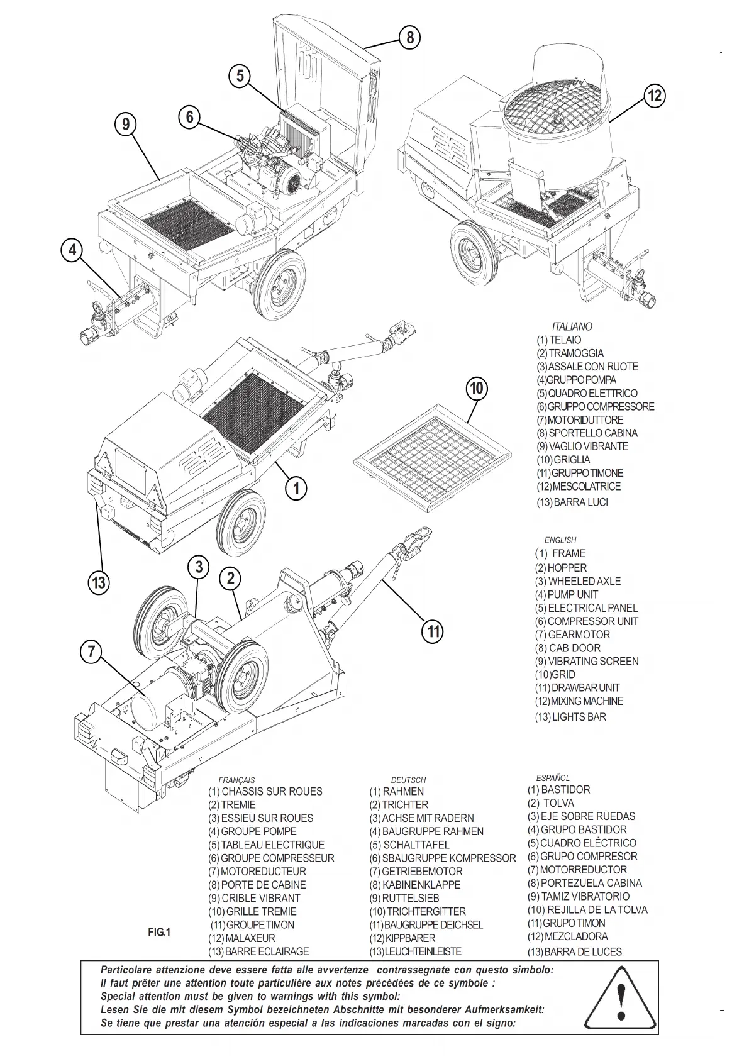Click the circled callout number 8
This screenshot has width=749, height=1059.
(x=409, y=38)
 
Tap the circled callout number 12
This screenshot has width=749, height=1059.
(x=655, y=96)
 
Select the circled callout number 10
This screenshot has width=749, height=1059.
(x=477, y=388)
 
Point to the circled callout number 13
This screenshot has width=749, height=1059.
(x=99, y=582)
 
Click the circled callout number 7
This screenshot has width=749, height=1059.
(x=92, y=652)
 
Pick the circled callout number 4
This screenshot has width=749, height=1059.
(x=73, y=250)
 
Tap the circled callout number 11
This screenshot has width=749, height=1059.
(x=433, y=630)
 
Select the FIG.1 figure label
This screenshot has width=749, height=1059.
(x=159, y=931)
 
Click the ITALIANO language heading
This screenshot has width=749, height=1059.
(x=572, y=326)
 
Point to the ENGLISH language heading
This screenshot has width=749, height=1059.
(x=560, y=540)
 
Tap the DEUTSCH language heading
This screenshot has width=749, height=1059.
(x=408, y=780)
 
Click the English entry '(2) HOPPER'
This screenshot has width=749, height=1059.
(x=560, y=567)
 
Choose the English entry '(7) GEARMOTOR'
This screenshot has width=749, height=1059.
(x=572, y=635)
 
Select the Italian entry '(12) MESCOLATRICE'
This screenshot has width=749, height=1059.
(x=578, y=486)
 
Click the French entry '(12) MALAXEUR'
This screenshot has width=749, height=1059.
(x=241, y=938)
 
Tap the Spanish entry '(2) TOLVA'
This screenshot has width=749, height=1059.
(x=551, y=803)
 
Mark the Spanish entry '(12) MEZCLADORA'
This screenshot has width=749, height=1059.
(x=567, y=936)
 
